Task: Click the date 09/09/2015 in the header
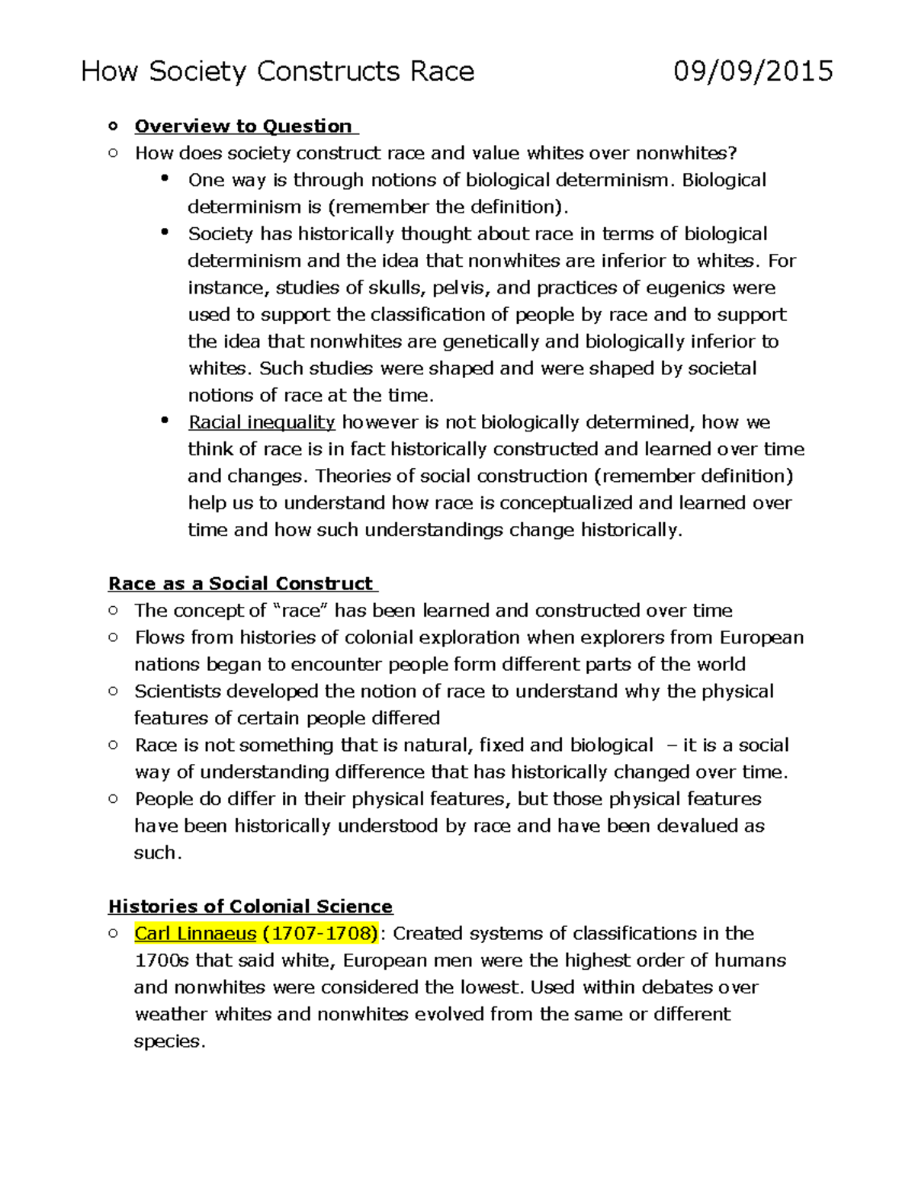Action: (753, 72)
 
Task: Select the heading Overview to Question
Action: (243, 127)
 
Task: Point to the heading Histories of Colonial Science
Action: (250, 906)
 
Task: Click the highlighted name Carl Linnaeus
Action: (195, 934)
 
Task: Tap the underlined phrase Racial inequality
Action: (262, 422)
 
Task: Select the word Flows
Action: (159, 637)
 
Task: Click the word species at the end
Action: (167, 1042)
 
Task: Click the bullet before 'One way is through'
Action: (165, 178)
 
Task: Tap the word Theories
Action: (355, 476)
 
